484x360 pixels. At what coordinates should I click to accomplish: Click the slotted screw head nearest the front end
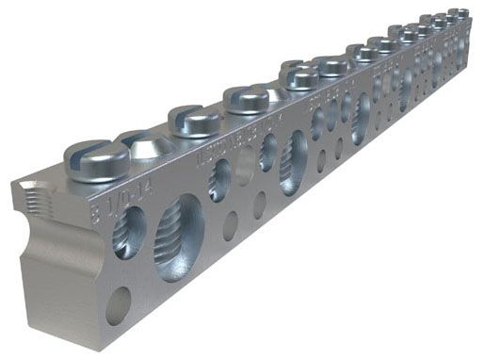(x=97, y=159)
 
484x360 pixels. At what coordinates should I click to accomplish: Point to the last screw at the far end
(x=459, y=13)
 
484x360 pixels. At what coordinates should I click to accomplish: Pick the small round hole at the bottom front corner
(x=119, y=305)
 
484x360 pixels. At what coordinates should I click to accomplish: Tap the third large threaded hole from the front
(x=361, y=117)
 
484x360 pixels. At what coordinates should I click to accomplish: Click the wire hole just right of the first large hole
(x=219, y=179)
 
